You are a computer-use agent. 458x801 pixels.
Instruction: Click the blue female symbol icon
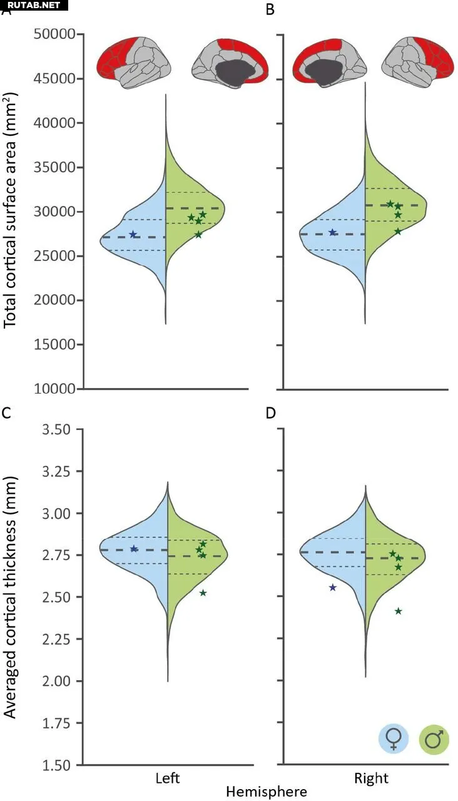tap(394, 739)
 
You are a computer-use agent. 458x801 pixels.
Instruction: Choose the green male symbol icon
tap(434, 739)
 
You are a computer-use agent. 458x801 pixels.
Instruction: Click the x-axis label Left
tap(168, 778)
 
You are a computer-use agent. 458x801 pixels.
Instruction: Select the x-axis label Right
tap(371, 778)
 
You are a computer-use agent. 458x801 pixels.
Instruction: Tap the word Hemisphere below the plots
tap(267, 792)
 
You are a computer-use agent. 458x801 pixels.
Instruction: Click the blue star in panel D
tap(333, 587)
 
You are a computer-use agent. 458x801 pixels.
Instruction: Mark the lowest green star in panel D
tap(398, 611)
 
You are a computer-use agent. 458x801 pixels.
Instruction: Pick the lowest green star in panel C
tap(203, 593)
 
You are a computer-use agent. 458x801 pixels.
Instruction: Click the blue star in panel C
tap(134, 549)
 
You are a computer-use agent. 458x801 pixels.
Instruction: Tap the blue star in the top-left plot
tap(133, 234)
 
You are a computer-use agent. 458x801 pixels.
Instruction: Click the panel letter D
tap(270, 413)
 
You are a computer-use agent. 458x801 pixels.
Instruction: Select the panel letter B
tap(270, 11)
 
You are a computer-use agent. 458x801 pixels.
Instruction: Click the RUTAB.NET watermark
tap(34, 5)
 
